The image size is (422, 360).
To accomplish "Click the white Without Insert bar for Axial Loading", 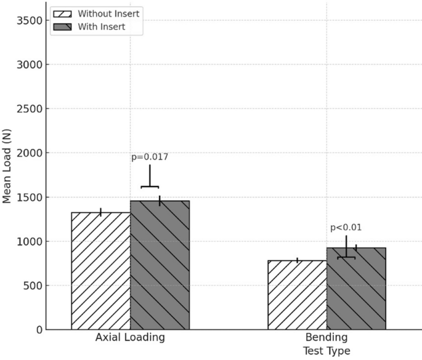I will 100,271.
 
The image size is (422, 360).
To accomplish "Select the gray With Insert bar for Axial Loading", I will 160,265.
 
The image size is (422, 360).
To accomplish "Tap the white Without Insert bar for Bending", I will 297,295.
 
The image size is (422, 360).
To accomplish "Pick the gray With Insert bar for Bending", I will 356,289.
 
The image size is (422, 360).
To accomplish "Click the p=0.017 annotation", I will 150,157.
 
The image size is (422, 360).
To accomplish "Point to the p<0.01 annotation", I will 346,228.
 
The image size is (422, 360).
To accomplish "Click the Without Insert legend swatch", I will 62,14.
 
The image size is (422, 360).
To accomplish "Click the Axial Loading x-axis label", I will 130,338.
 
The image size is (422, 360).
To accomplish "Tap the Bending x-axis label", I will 326,338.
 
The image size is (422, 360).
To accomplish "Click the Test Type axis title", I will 326,351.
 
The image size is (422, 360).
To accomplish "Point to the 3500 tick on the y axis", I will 29,20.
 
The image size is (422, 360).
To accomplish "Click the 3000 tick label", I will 29,65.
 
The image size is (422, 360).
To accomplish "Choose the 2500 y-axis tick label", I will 29,109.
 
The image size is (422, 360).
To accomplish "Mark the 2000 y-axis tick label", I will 29,153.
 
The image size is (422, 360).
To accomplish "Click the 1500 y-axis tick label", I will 29,198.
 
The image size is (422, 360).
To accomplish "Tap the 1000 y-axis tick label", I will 29,242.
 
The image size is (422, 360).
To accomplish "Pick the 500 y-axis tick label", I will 32,286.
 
